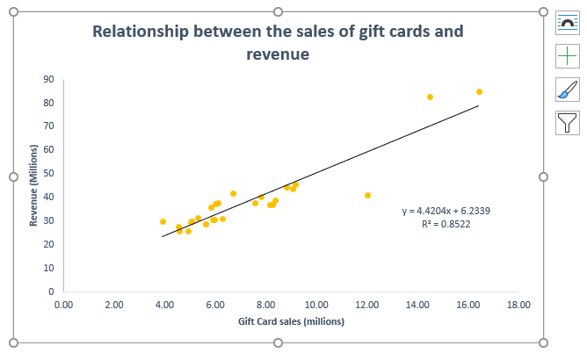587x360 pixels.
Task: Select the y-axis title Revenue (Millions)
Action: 33,186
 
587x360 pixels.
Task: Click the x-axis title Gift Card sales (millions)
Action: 291,321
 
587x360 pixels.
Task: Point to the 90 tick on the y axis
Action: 49,79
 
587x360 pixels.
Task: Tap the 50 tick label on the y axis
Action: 49,174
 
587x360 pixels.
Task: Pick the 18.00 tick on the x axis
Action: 518,306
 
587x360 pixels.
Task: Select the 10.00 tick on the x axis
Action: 316,306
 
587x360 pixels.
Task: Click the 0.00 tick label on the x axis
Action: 63,306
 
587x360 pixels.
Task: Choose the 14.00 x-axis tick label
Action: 417,306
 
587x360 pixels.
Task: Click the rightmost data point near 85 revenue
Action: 479,91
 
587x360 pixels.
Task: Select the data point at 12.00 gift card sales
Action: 367,195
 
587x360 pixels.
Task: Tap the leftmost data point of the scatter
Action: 163,221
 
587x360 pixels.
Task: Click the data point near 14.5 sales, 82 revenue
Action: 430,97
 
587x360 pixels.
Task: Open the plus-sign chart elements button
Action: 568,56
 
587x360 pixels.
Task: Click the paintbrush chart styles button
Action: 568,89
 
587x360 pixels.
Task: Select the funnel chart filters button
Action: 568,122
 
